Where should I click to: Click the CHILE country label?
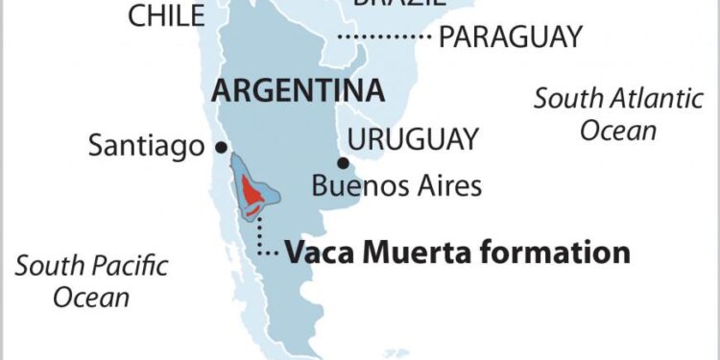[x=166, y=15]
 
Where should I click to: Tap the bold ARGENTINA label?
[x=299, y=91]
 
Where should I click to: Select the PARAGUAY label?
[x=510, y=37]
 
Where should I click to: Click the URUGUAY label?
[x=413, y=139]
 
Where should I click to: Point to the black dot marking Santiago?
[x=222, y=147]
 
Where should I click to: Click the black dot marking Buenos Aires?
[x=343, y=162]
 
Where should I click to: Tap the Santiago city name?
[x=146, y=146]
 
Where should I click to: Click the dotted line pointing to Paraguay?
[x=384, y=37]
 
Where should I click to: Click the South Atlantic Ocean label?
[x=618, y=113]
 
